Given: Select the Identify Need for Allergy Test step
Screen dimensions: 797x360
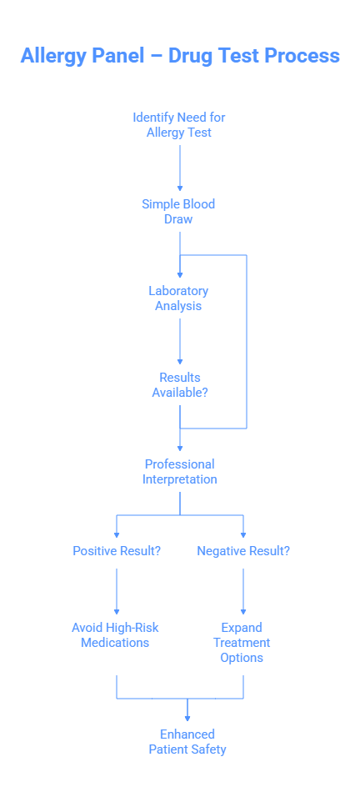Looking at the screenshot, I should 179,125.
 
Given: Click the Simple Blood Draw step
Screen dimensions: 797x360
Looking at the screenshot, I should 179,212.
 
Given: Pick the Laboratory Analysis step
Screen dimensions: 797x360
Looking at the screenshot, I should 179,298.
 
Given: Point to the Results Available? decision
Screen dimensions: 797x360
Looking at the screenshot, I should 179,385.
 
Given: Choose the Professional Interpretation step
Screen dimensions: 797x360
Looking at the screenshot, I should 179,472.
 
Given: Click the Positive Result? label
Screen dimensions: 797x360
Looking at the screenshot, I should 117,551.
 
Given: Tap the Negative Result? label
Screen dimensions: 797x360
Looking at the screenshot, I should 243,551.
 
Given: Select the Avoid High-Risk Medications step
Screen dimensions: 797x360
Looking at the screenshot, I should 115,635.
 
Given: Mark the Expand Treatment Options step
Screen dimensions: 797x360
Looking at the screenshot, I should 242,643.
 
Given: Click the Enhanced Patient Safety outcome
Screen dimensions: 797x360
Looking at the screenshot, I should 187,742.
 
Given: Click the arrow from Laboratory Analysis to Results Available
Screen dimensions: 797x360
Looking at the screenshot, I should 180,342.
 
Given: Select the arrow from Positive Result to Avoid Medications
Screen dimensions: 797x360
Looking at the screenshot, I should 117,592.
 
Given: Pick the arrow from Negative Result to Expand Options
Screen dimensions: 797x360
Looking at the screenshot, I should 243,592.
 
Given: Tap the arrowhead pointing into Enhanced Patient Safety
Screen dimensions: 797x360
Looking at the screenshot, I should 187,716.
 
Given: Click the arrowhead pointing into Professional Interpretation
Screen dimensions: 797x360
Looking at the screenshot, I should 180,448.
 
